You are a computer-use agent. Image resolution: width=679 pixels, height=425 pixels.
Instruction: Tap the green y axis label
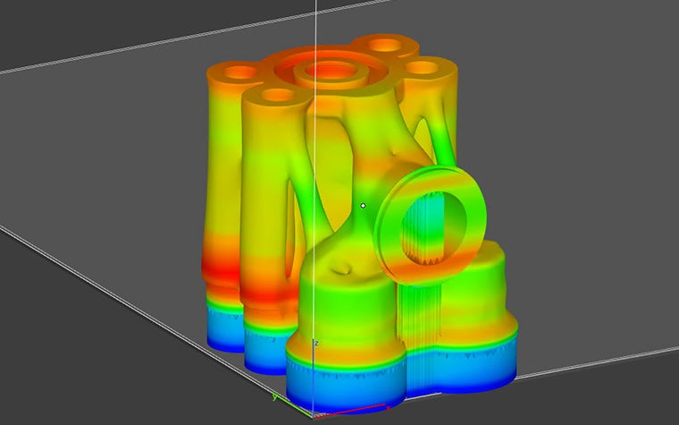tap(273, 397)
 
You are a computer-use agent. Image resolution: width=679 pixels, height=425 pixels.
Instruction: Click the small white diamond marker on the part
tap(363, 206)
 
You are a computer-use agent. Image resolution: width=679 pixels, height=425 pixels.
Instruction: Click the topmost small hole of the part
tap(388, 44)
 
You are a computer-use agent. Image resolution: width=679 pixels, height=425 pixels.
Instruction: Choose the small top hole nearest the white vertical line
tap(278, 94)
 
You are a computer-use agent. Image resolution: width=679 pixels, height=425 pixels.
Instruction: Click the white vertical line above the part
tap(316, 22)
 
